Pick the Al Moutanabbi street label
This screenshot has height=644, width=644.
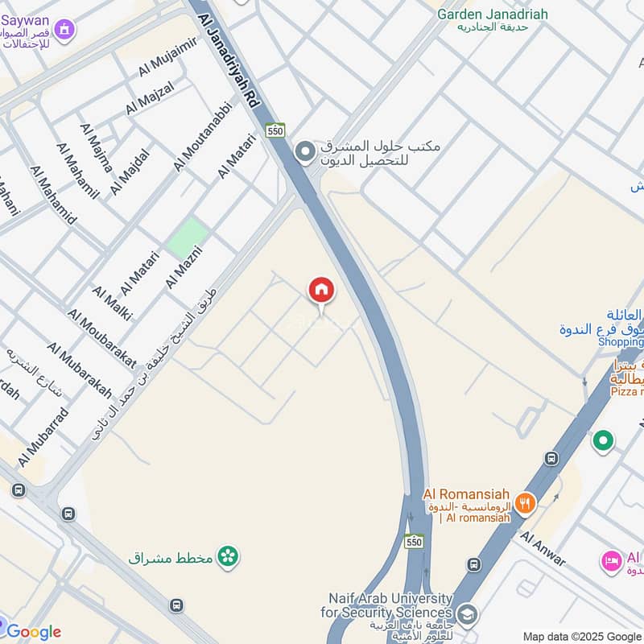pos(202,136)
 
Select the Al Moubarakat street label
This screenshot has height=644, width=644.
pos(101,338)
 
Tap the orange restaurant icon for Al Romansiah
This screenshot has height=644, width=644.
pos(525,504)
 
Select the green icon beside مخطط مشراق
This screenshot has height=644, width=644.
pos(229,556)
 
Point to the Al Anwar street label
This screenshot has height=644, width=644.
pos(543,547)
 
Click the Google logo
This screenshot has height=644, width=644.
pos(33,632)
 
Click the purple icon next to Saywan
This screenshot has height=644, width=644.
pos(64,31)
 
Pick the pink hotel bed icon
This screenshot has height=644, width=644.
pos(611,561)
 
